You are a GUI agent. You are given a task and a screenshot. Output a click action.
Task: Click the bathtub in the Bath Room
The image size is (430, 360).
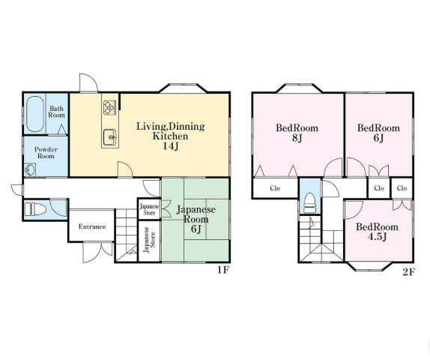point(35,114)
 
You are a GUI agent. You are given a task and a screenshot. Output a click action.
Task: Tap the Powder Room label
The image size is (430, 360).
point(46,153)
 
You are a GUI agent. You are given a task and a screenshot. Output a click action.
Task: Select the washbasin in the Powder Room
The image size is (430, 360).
point(30,169)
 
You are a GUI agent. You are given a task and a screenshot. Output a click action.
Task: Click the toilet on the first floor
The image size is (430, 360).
point(35,209)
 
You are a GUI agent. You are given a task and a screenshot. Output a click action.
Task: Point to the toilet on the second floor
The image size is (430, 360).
point(310,203)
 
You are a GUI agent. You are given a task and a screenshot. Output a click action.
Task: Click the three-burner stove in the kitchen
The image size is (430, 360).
point(110,108)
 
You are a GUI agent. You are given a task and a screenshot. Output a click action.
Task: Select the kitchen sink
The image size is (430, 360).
point(110,137)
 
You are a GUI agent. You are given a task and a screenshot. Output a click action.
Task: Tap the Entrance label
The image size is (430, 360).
point(92,226)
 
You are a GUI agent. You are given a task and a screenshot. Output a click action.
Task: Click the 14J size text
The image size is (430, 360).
point(171,146)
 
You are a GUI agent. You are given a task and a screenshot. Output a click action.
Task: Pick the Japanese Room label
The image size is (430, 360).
point(196,214)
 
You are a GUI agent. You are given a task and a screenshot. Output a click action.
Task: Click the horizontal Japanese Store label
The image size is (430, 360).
point(149,209)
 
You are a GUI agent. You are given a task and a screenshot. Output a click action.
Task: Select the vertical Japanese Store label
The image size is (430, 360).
point(150,240)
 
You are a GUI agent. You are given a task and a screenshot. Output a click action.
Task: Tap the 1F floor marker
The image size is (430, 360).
point(223,270)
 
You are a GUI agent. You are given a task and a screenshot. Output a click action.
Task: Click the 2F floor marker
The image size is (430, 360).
point(408,271)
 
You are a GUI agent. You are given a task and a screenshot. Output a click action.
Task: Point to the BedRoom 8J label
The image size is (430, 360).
point(297,133)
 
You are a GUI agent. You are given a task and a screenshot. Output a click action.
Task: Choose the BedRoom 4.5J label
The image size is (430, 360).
point(377,232)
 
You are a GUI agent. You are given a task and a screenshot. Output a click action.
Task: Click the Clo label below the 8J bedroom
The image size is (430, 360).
point(275,188)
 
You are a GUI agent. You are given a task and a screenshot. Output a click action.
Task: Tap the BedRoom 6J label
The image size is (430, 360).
point(378,133)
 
